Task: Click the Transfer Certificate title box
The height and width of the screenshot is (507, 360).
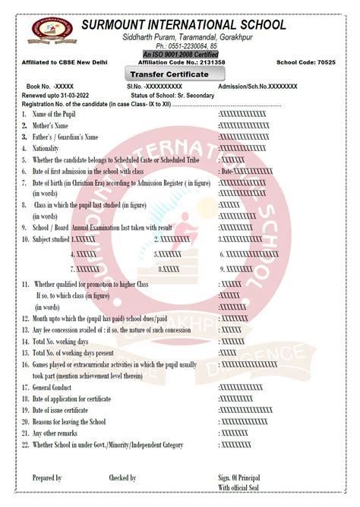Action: [x=176, y=74]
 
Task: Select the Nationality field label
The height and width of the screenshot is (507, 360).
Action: [x=49, y=149]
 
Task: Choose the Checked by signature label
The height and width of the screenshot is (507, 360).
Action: [x=122, y=478]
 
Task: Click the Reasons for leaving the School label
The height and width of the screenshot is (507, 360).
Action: [x=68, y=421]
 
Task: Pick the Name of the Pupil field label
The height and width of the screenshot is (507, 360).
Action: [x=54, y=114]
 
